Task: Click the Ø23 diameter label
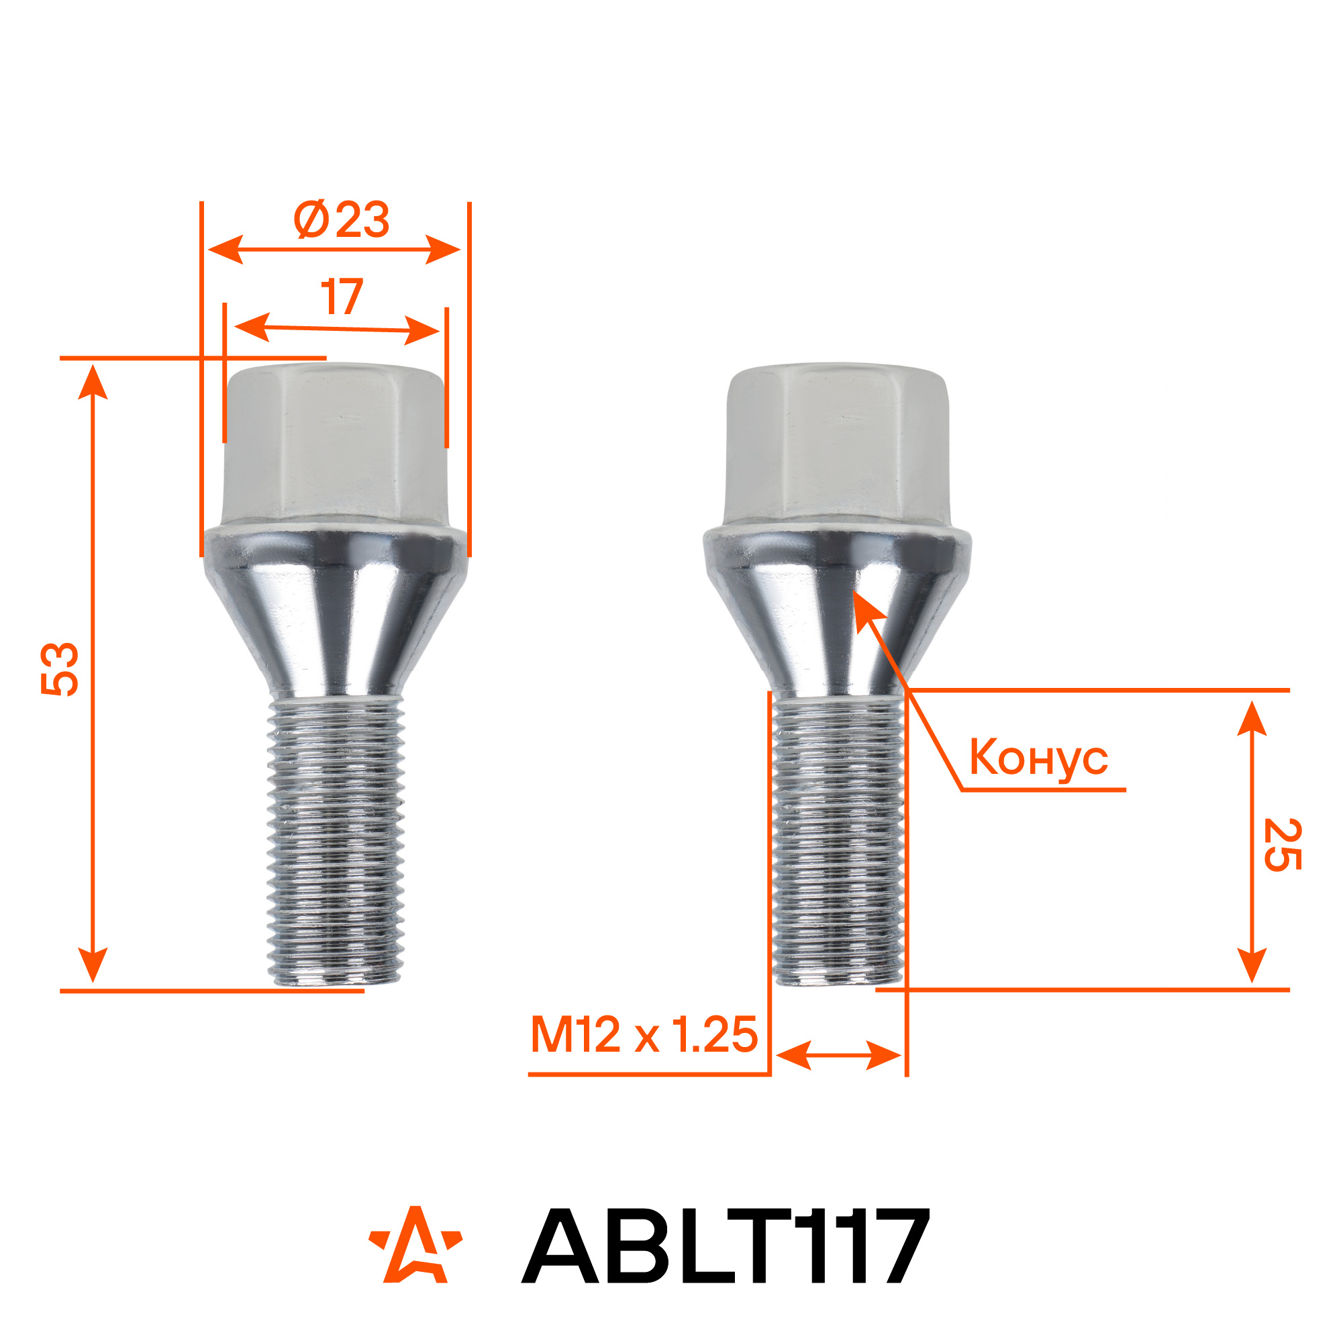341,219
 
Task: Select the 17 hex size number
342,297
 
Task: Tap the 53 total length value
60,669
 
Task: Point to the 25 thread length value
1282,844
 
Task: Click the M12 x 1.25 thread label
644,1034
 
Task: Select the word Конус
1038,758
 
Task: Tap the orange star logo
415,1244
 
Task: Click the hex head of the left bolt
335,445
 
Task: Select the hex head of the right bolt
836,445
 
